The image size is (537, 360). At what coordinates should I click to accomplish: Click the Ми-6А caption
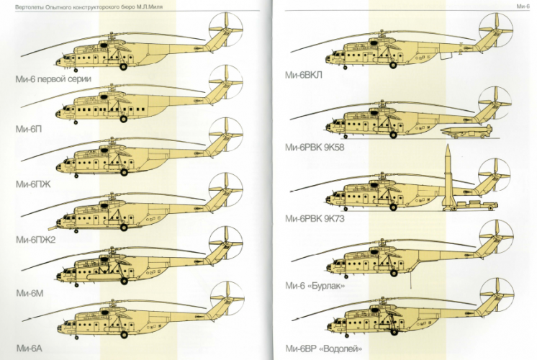coord(28,348)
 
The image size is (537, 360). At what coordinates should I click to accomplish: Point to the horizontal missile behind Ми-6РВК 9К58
coord(467,130)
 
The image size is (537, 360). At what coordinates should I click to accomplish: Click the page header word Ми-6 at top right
coord(523,6)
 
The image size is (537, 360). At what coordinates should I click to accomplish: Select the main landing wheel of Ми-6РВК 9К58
coord(393,135)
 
